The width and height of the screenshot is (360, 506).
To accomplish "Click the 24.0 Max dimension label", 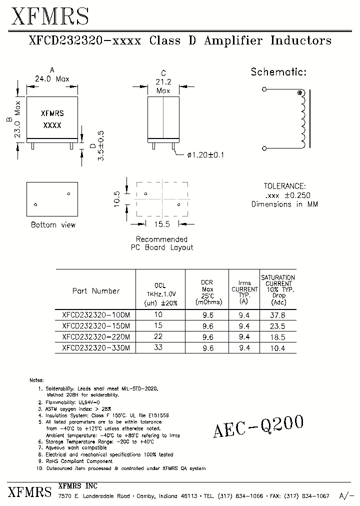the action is (x=52, y=79).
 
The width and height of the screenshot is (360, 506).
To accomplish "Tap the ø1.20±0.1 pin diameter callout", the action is (x=205, y=155).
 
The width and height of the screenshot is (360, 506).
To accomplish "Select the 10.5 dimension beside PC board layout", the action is (x=117, y=198).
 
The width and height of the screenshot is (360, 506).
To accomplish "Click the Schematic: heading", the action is (x=278, y=72).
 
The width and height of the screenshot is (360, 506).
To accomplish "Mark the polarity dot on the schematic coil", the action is (x=300, y=93).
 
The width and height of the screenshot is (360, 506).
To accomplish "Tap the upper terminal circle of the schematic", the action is (x=264, y=89).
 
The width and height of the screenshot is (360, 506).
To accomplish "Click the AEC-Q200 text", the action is (x=258, y=427).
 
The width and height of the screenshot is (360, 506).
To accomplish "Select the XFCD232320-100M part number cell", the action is (x=96, y=315).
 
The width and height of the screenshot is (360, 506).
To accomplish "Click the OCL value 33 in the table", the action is (x=158, y=347).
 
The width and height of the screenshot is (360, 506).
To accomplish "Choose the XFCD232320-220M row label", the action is (x=96, y=337).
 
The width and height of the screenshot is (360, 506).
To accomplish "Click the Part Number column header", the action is (x=96, y=291).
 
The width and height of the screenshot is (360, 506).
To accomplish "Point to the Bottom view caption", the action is (x=53, y=225).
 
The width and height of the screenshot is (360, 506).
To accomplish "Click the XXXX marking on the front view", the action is (x=52, y=125).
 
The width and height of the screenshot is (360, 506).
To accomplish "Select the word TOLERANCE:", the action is (x=285, y=186).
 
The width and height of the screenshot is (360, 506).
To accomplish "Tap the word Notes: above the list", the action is (x=37, y=380).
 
